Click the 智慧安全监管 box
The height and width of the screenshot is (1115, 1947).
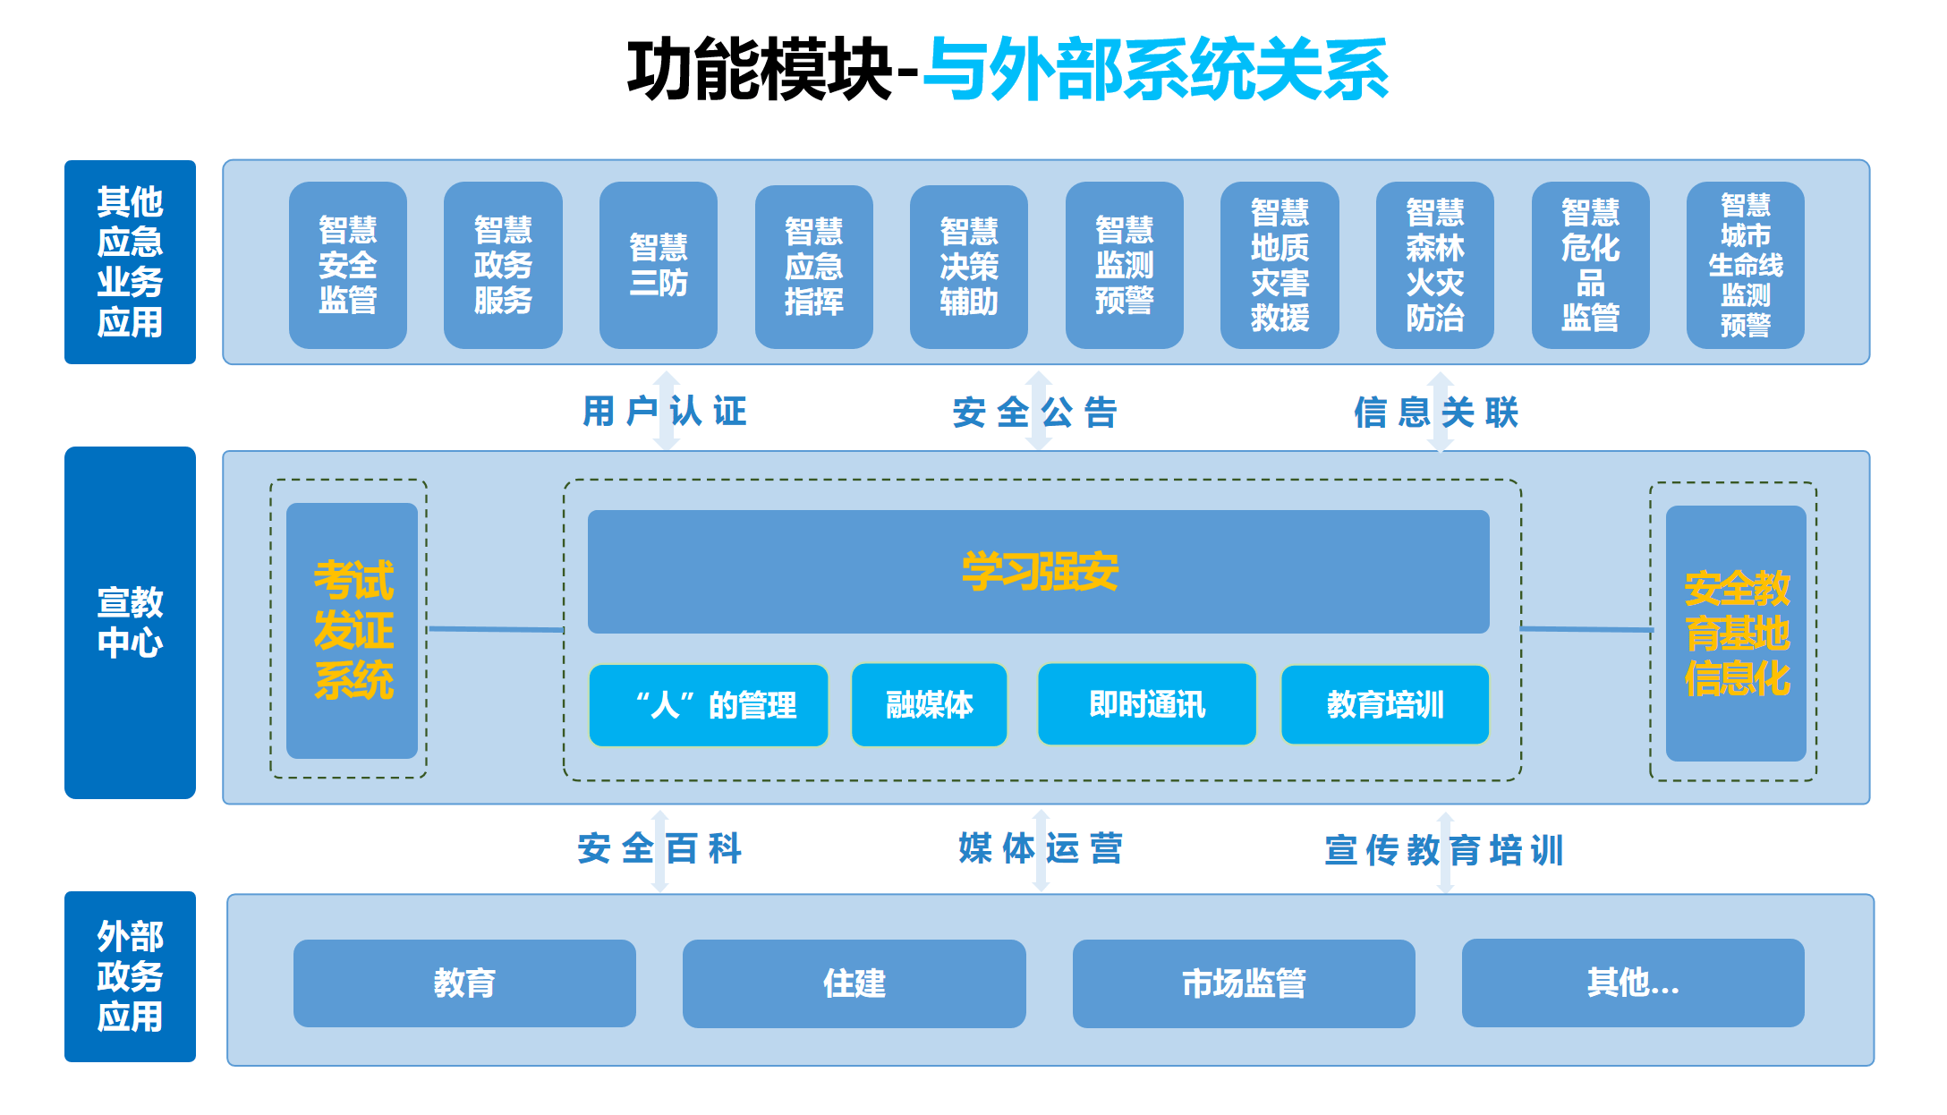[x=347, y=265]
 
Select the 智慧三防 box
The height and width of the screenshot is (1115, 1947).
[x=658, y=265]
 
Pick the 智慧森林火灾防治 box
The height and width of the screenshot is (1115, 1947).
[x=1434, y=265]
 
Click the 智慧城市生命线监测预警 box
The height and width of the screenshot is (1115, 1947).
[x=1745, y=265]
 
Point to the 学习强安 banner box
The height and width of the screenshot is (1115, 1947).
[x=1038, y=571]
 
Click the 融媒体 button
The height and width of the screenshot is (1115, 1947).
[x=929, y=705]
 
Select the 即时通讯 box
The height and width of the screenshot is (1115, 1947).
[x=1146, y=704]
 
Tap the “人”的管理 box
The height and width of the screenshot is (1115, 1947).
[x=708, y=705]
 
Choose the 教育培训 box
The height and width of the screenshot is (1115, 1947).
[x=1384, y=705]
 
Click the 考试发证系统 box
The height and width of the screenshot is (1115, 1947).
[x=352, y=630]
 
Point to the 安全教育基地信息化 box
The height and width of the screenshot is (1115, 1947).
[x=1736, y=633]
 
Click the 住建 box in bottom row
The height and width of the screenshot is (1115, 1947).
[x=854, y=983]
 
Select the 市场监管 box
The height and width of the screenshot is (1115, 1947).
[x=1243, y=983]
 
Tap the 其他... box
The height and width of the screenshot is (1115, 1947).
[x=1632, y=983]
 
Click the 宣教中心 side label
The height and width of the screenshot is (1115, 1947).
[x=130, y=622]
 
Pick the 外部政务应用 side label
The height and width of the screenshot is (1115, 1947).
[x=130, y=976]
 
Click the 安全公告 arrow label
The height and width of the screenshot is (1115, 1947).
[x=1035, y=413]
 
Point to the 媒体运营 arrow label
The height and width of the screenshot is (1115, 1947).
[x=1040, y=848]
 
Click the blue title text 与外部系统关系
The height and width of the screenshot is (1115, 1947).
[x=1154, y=70]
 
